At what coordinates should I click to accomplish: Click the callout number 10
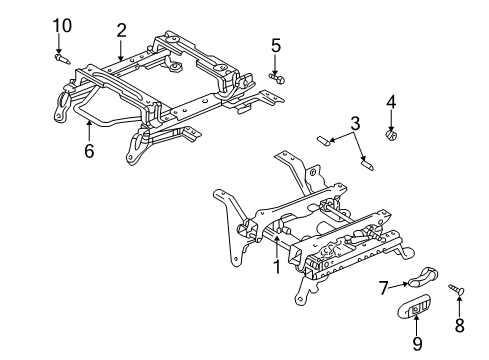[62, 24]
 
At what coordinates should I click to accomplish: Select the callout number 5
[275, 46]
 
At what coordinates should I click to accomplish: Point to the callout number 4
[391, 101]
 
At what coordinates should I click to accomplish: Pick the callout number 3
[354, 123]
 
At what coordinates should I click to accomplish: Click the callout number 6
[89, 152]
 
